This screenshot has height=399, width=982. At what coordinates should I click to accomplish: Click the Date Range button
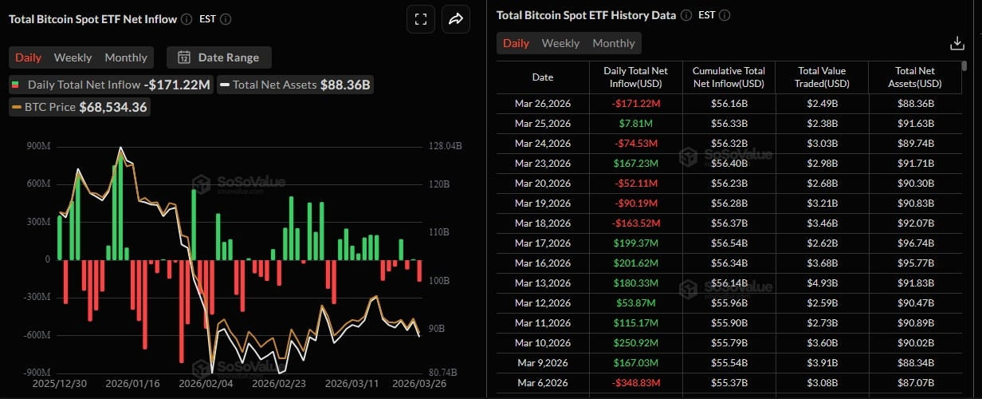(x=219, y=57)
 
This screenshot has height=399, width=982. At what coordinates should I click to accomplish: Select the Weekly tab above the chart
(x=73, y=57)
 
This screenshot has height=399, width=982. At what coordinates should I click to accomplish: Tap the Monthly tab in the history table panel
(x=613, y=43)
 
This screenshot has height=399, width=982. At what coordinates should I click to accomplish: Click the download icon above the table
(x=957, y=43)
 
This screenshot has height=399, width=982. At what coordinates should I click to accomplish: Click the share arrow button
(x=456, y=19)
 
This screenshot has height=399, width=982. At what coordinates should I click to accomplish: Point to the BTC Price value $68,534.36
(x=113, y=107)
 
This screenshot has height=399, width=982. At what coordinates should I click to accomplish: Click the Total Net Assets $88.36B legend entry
(x=296, y=85)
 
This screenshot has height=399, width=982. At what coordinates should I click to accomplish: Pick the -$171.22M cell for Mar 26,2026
(x=636, y=104)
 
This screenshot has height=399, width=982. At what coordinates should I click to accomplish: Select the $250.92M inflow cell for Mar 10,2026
(x=636, y=343)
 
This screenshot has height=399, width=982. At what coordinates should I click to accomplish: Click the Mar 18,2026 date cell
(x=543, y=223)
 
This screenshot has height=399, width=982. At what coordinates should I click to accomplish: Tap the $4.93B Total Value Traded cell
(x=821, y=283)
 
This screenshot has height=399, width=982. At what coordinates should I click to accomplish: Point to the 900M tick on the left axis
(x=37, y=146)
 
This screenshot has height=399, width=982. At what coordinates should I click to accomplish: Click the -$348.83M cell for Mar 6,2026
(x=636, y=383)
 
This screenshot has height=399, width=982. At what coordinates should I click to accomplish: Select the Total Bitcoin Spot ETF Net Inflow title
(x=93, y=19)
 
